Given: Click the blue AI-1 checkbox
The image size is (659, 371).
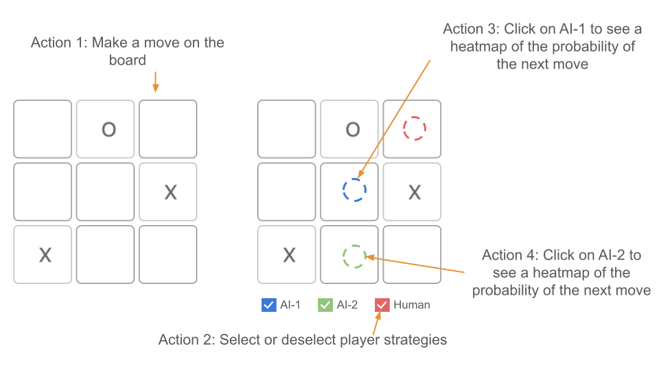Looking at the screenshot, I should [269, 305].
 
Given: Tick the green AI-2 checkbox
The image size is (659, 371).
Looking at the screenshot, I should [325, 305].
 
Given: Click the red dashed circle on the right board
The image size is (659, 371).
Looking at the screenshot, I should [415, 128].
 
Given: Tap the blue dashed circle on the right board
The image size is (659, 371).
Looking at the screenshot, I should [354, 190].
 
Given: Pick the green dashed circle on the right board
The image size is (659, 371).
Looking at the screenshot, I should [354, 256].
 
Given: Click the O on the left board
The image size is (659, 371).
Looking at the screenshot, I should [108, 129].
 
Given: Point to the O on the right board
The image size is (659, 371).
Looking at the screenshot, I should [352, 129].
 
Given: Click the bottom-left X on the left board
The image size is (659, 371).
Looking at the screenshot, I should [45, 255].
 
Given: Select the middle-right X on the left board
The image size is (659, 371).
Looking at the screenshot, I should [170, 192].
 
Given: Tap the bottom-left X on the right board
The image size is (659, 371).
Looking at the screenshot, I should [289, 255].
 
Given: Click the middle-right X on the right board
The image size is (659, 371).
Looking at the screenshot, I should [415, 192].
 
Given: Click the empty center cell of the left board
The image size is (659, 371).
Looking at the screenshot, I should [106, 192].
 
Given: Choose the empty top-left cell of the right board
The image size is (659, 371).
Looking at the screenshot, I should [286, 128].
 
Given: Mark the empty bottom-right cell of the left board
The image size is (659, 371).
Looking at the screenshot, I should [168, 254].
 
